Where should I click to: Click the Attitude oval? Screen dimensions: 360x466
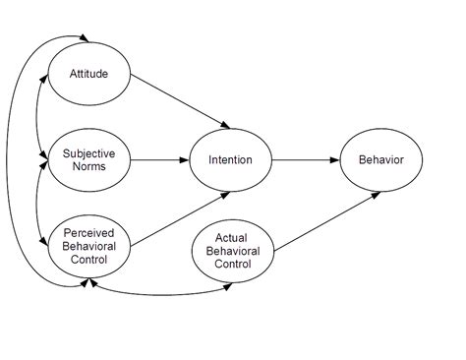tap(87, 74)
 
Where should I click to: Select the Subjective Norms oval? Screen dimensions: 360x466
tap(87, 159)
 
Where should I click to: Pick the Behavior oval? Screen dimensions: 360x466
tap(379, 159)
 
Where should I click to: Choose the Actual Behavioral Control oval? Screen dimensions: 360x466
tap(231, 251)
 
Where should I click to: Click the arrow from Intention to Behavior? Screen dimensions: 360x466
tap(305, 159)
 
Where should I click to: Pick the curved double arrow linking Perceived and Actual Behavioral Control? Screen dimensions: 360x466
tap(157, 293)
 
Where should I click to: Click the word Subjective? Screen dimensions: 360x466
tap(87, 152)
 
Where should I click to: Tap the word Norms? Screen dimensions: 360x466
tap(87, 166)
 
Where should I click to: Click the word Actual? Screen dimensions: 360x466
tap(231, 238)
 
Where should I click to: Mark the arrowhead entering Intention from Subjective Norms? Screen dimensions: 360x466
tap(184, 159)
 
